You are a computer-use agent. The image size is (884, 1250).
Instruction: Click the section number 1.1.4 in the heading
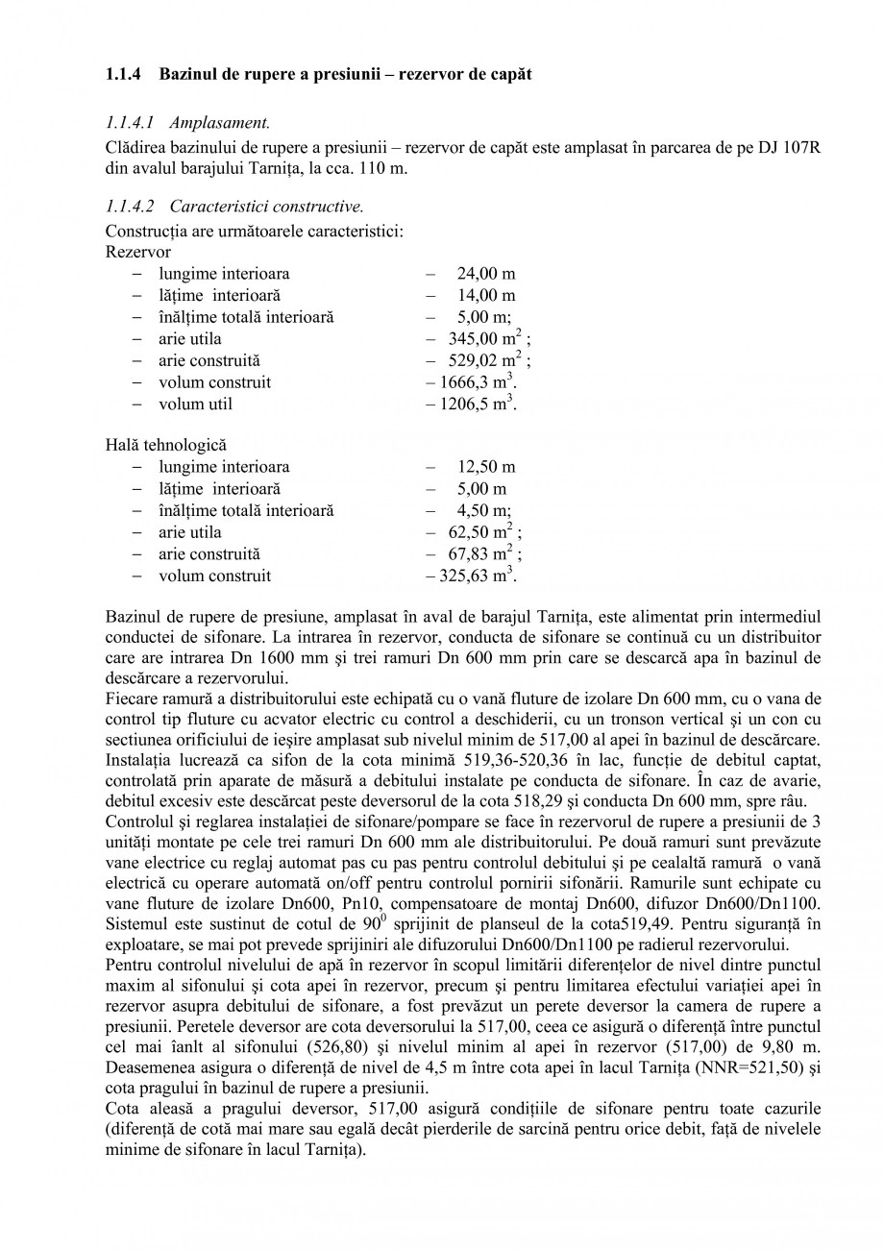(123, 74)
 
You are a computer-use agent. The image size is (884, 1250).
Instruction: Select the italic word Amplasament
(219, 122)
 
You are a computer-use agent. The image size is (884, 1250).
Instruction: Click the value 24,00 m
(485, 274)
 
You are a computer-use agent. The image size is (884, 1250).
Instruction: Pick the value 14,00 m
(485, 295)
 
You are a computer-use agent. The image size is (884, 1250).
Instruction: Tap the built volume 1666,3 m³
(471, 382)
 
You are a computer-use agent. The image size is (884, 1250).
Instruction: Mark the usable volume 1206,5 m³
(471, 404)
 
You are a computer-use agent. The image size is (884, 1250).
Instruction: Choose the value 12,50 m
(485, 467)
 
